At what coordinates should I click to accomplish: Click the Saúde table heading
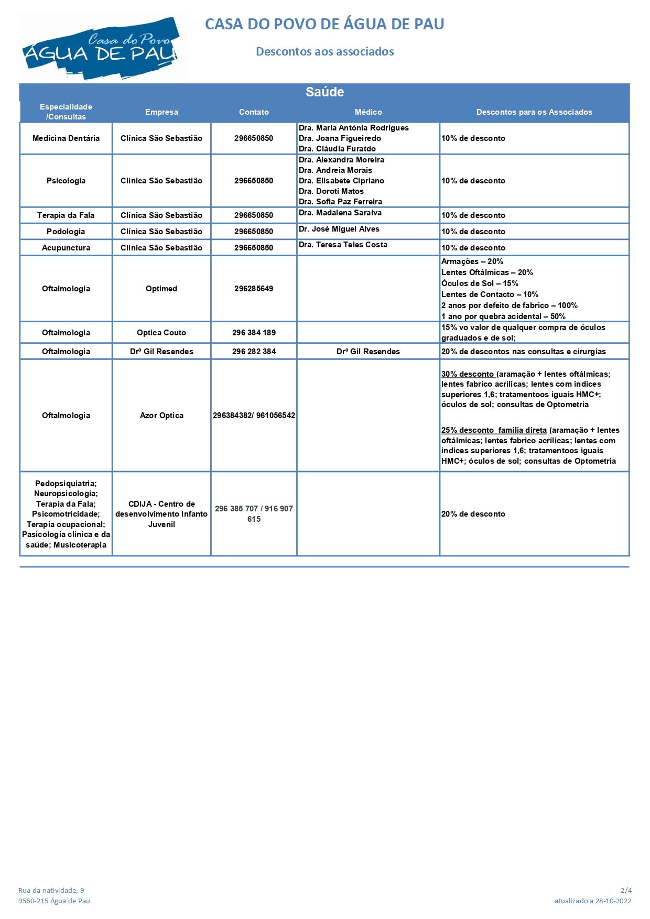point(324,92)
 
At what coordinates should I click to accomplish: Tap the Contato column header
point(254,112)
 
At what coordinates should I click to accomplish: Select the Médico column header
point(368,112)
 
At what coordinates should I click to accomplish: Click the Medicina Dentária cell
point(66,138)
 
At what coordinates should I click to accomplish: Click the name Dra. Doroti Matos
point(331,191)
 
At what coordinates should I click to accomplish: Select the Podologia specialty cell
point(66,232)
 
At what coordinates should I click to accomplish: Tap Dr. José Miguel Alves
point(339,229)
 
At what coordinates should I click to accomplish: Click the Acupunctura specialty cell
point(66,248)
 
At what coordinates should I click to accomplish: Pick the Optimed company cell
point(161,289)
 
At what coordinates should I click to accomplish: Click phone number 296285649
point(254,289)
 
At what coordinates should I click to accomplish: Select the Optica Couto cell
point(161,333)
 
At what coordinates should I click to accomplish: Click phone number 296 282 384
point(254,352)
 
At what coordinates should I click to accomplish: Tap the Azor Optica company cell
point(161,415)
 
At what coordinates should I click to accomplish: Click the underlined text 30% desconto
point(468,374)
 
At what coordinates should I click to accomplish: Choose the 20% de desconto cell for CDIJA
point(473,514)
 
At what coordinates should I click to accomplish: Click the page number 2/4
point(626,890)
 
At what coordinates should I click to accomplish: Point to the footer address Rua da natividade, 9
point(51,890)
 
